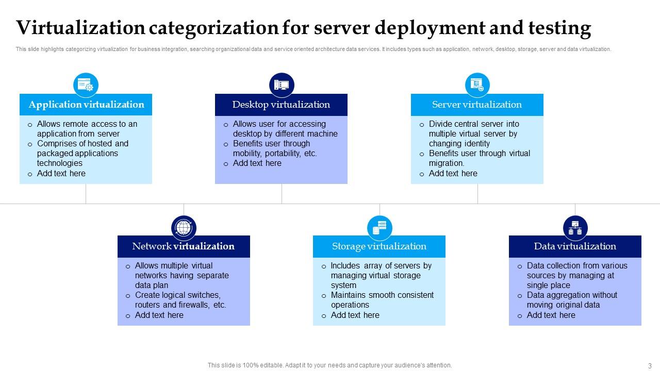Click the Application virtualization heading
click(86, 105)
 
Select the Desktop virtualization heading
click(281, 105)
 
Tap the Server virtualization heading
click(477, 105)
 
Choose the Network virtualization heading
click(183, 246)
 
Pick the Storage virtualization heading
click(379, 246)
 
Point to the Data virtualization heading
click(575, 246)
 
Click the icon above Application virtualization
click(86, 85)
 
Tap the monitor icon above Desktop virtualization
click(282, 85)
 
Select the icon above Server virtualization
click(477, 85)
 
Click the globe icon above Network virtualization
click(184, 227)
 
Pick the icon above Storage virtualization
click(379, 227)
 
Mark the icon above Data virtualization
click(575, 227)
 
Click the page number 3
click(650, 366)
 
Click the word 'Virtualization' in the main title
click(80, 28)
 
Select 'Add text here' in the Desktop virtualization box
click(257, 163)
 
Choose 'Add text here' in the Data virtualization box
click(551, 315)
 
